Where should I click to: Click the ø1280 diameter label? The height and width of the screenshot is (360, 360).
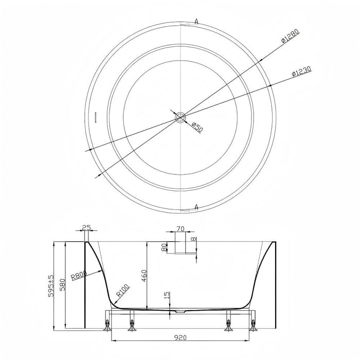[291, 37]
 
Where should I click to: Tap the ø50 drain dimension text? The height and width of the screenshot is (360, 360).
[197, 128]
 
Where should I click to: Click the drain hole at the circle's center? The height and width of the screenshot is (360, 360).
[181, 117]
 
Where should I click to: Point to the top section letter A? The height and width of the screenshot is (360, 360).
[196, 22]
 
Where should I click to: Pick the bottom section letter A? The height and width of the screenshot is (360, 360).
[196, 207]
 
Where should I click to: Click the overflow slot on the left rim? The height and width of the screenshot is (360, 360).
[96, 117]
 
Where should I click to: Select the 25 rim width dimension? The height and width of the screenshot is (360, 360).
[86, 227]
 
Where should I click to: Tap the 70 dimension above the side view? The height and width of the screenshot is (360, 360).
[181, 229]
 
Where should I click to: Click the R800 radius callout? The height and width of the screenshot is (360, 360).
[79, 275]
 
